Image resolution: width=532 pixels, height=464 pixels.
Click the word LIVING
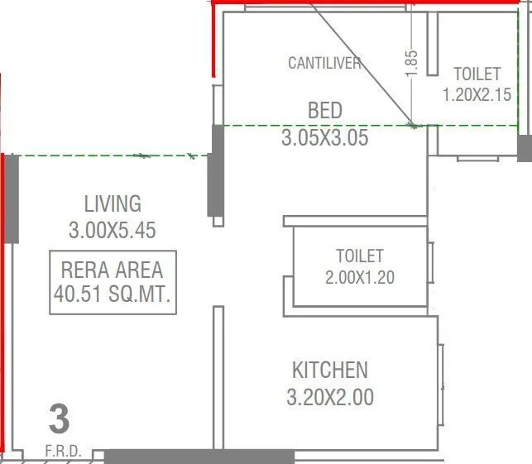coord(113,203)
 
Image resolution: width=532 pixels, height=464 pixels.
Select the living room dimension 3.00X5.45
coord(113,231)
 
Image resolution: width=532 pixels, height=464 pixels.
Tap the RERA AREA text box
coord(113,282)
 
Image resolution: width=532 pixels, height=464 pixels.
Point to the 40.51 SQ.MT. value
coord(113,295)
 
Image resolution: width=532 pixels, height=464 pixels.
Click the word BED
coord(324,111)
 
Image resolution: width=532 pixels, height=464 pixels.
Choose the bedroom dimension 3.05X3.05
coord(324,137)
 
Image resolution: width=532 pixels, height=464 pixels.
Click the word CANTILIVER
coord(324,63)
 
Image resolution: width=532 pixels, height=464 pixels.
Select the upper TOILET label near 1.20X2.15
coord(477,74)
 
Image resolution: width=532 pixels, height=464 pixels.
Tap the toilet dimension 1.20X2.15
coord(477,94)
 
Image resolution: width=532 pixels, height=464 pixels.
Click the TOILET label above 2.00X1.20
coord(359,256)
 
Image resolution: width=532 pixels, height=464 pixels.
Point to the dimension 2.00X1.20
coord(359,277)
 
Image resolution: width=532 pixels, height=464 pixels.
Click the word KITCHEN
coord(329,370)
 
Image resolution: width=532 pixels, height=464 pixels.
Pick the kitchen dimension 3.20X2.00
coord(329,397)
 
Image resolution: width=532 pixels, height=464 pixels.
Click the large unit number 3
coord(59,419)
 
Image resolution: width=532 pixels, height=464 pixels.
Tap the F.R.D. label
coord(59,452)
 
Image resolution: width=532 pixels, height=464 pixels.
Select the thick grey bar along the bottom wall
coord(199,457)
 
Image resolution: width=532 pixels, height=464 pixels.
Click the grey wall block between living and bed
coord(216,170)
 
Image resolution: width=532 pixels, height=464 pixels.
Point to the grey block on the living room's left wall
coord(12,199)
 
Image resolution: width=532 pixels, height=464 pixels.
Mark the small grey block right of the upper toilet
coord(525,147)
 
